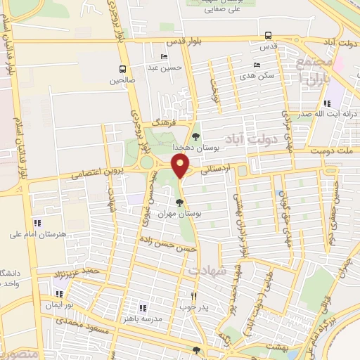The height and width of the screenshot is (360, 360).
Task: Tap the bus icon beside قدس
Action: (x=267, y=35)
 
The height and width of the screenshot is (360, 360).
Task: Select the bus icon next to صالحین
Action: (x=123, y=69)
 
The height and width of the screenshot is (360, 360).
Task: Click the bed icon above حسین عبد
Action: (x=164, y=57)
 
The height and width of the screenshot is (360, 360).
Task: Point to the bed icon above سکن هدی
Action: (x=256, y=65)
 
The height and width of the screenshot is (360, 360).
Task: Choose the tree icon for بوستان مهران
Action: (x=179, y=202)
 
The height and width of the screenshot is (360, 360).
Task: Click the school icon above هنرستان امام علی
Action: (x=37, y=223)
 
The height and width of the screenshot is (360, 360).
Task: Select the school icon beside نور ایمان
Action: (x=58, y=294)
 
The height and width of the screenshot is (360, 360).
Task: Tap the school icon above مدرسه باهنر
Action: (x=143, y=307)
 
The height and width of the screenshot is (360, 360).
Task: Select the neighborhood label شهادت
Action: (x=206, y=270)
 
